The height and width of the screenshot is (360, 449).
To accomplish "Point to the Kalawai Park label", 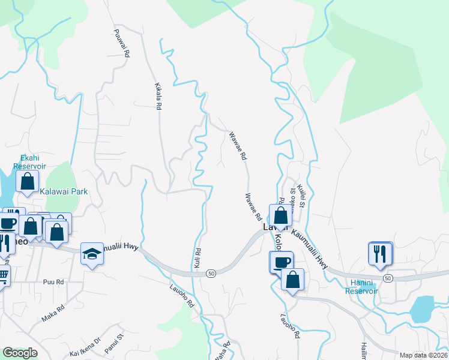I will pyautogui.click(x=64, y=191).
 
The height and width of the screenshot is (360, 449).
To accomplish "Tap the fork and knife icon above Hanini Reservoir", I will pyautogui.click(x=380, y=253).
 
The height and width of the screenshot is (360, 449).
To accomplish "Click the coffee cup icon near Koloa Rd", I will pyautogui.click(x=282, y=262).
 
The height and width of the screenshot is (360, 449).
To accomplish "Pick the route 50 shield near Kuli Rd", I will pyautogui.click(x=211, y=273).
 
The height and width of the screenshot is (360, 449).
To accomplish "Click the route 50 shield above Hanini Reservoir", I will pyautogui.click(x=388, y=278).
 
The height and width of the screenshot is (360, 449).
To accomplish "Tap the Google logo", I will pyautogui.click(x=20, y=353).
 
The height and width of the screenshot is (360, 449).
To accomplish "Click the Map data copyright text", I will pyautogui.click(x=423, y=355).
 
